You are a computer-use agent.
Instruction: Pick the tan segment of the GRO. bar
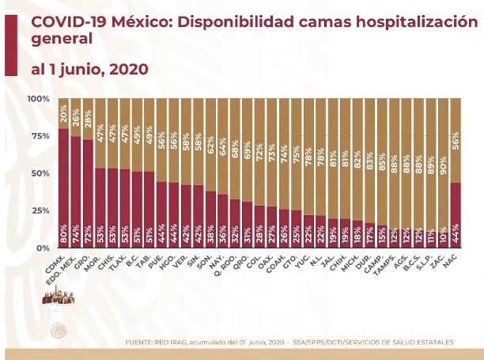tap(89, 119)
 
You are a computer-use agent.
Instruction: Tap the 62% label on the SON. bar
tap(210, 146)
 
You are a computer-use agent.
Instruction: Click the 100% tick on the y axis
tap(38, 99)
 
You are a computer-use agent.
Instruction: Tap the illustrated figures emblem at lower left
tap(58, 305)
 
